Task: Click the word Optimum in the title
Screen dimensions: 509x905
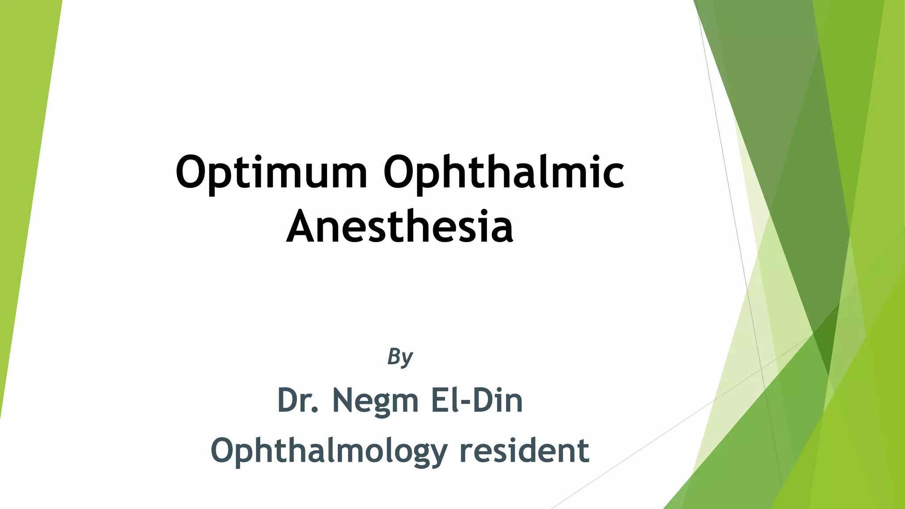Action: [271, 172]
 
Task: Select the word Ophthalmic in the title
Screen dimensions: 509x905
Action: [504, 172]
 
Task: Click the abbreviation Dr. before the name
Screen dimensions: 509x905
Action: [297, 400]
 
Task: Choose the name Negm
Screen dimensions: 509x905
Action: [375, 401]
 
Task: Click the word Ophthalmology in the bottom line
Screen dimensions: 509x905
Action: [329, 451]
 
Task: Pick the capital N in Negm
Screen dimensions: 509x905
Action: [344, 400]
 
